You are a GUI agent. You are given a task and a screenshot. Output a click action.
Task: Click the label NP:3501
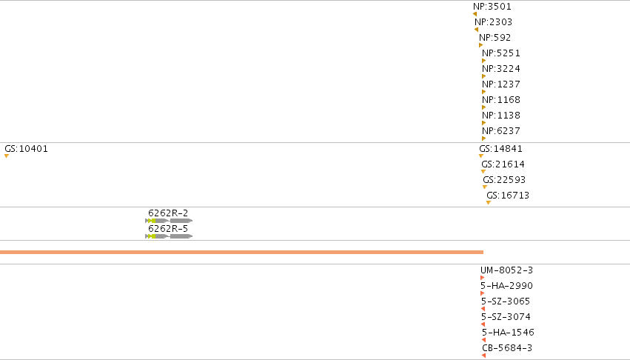[492, 7]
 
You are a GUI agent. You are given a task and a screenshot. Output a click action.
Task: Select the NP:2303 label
[493, 22]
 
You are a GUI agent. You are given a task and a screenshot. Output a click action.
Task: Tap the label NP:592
[495, 38]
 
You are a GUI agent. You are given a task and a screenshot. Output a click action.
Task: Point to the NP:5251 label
[501, 53]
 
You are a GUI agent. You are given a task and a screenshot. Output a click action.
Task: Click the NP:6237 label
[501, 131]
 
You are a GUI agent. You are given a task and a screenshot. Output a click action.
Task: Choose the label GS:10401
[26, 149]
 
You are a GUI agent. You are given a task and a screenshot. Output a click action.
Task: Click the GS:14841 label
[500, 149]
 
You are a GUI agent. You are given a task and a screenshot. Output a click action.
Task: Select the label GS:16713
[508, 196]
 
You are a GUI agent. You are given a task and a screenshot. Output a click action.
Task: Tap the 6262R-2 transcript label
[168, 213]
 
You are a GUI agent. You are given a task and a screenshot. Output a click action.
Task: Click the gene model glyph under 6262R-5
[169, 236]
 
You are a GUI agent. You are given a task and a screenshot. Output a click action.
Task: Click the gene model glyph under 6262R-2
[169, 221]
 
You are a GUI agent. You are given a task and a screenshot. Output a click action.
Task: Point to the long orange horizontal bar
[241, 252]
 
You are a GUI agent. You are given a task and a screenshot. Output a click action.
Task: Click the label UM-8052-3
[506, 270]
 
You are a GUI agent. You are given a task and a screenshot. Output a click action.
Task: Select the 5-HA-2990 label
[506, 286]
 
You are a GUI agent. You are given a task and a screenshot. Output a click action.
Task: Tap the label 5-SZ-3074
[506, 317]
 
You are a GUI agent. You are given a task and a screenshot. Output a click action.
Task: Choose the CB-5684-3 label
[507, 348]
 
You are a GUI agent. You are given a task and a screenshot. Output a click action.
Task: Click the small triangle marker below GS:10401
[7, 156]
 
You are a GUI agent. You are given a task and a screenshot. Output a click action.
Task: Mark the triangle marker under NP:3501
[475, 14]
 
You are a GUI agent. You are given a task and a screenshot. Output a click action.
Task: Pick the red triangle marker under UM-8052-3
[482, 278]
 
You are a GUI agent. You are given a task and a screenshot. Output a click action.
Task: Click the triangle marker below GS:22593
[485, 187]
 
